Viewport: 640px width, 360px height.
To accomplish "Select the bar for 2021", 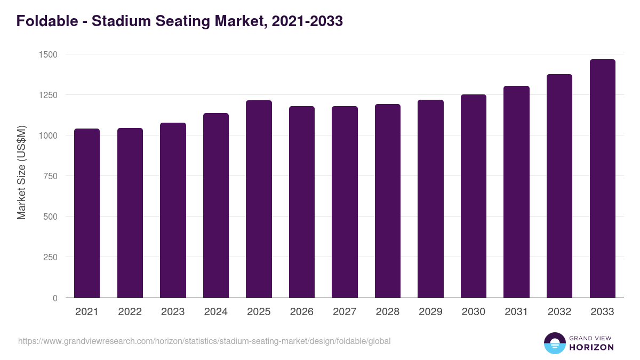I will point(87,213).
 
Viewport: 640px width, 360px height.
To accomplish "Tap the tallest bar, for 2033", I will point(602,179).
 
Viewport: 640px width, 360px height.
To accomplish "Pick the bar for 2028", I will point(388,201).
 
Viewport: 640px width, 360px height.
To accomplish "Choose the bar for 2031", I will point(516,192).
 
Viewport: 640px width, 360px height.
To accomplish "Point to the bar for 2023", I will point(173,210).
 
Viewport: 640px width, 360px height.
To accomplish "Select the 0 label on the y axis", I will point(55,298).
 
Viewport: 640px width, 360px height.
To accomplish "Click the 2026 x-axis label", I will point(302,312).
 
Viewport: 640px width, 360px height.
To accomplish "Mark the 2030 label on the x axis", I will point(474,312).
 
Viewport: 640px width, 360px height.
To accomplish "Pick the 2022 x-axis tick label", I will point(130,312).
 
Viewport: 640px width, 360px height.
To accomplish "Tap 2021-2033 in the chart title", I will point(307,21).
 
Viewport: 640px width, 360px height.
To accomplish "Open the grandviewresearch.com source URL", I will point(204,341).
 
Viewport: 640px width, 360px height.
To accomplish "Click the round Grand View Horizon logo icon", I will point(555,343).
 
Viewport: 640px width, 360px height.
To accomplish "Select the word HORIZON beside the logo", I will point(591,347).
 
